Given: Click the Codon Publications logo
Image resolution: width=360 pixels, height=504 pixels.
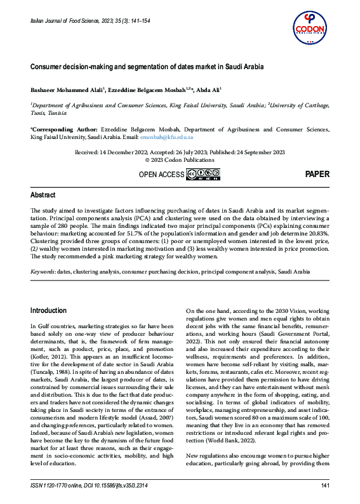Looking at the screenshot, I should tap(311, 27).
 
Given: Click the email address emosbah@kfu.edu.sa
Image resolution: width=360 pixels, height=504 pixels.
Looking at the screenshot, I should tap(167, 137).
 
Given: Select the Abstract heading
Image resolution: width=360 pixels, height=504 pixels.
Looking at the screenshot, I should tap(43, 195).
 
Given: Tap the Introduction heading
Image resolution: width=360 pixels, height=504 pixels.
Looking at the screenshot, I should tap(48, 310).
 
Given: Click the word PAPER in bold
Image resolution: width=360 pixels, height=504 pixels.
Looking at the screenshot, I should tap(317, 174).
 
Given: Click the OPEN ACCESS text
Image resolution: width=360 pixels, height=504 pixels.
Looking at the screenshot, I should tap(161, 175).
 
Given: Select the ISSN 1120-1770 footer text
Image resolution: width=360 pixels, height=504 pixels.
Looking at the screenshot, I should tap(53, 486).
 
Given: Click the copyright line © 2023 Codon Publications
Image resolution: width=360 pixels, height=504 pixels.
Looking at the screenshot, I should tap(180, 160).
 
